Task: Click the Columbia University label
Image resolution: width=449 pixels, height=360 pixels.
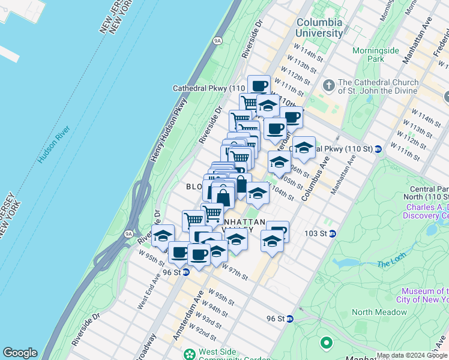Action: coord(319,28)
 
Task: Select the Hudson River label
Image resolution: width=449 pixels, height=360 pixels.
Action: coord(53,145)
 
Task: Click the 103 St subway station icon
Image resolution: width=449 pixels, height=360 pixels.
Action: coord(332,233)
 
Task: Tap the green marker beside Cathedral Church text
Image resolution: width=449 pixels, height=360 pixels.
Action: coord(328,86)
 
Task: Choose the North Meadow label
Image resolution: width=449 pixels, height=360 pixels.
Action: coord(378,311)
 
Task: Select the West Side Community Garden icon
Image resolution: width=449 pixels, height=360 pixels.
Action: coord(190,354)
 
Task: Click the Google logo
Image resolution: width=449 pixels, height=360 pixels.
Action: coord(20,353)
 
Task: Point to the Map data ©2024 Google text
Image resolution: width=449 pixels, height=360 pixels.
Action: coord(411,355)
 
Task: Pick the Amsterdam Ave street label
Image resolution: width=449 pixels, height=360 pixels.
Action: coord(185,322)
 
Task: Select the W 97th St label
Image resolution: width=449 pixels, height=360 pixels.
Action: coord(235,273)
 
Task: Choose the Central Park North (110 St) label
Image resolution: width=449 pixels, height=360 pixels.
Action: coord(427,192)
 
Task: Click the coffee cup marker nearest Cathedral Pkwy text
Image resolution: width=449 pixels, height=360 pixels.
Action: coord(259,85)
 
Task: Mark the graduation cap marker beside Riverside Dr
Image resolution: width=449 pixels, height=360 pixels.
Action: coord(163,236)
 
